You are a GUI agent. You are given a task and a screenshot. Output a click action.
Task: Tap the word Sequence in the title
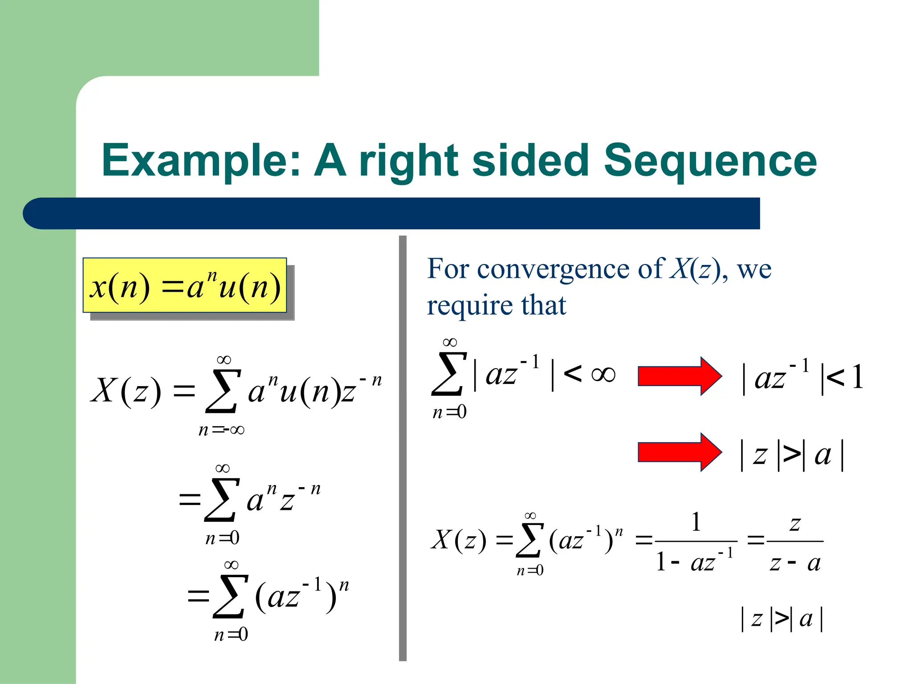click(710, 161)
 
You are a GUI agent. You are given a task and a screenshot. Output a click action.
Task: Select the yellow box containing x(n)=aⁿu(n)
click(185, 285)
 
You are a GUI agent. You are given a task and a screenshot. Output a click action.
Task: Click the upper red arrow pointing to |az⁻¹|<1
click(679, 376)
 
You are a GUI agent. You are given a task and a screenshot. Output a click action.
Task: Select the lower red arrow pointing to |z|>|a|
click(679, 452)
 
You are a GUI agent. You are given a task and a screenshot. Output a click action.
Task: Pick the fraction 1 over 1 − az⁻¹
click(696, 542)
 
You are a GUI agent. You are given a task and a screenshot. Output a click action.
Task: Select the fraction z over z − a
click(795, 542)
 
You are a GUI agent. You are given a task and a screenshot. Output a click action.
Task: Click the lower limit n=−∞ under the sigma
click(221, 430)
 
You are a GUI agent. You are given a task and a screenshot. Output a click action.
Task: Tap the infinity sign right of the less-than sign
click(603, 374)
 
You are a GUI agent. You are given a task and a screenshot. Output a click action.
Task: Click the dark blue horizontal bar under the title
click(392, 213)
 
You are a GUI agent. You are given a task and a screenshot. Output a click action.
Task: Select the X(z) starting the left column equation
click(126, 391)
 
